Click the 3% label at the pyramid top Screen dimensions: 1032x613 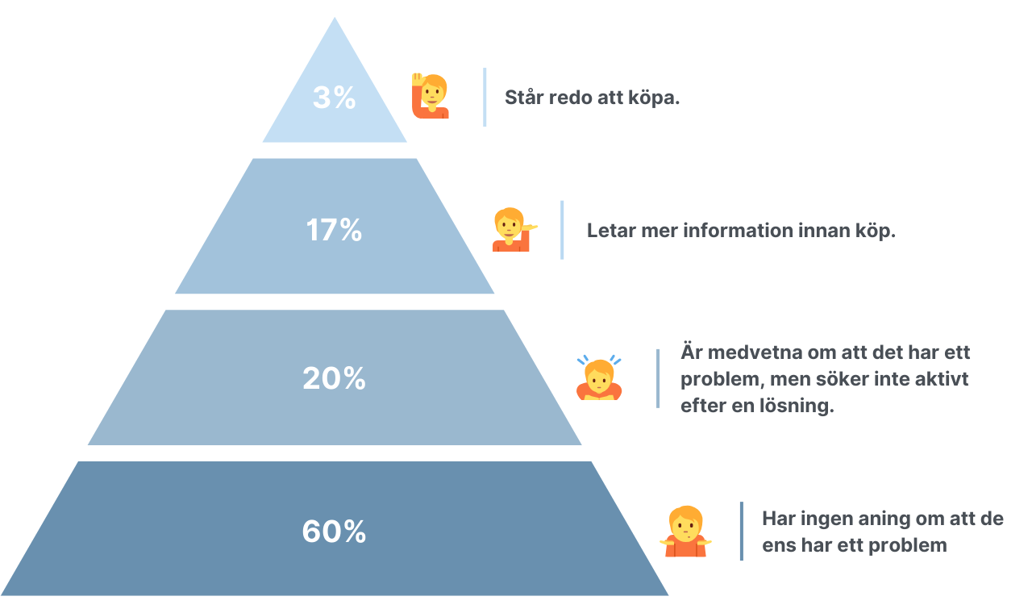(334, 98)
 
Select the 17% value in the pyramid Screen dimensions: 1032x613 (334, 231)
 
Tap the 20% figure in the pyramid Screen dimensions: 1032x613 (334, 378)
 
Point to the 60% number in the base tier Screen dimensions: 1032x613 (334, 532)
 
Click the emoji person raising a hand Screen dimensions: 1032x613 (430, 97)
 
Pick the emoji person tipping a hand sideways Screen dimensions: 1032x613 (513, 230)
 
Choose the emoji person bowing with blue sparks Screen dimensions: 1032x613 (598, 378)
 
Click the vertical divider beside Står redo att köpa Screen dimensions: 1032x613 (485, 97)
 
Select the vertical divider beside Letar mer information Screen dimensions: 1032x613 (562, 230)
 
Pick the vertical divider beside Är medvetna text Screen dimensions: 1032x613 (658, 378)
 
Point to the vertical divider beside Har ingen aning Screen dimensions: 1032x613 (742, 531)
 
